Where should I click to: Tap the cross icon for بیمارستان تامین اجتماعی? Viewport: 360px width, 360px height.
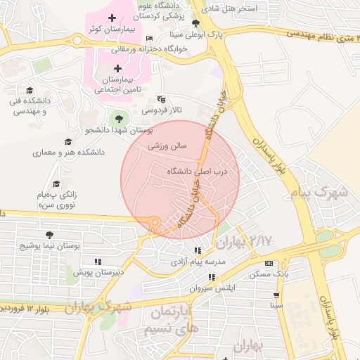click(117, 68)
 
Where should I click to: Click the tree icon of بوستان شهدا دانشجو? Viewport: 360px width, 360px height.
click(118, 118)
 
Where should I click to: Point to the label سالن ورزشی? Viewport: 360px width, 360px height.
click(167, 147)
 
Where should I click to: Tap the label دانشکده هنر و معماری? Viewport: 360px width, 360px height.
click(68, 152)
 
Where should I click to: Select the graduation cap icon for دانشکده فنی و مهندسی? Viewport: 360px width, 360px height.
click(30, 90)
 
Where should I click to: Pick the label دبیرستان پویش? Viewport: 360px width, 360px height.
click(99, 271)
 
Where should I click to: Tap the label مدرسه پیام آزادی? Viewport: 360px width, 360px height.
click(198, 262)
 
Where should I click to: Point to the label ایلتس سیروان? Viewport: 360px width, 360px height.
click(212, 288)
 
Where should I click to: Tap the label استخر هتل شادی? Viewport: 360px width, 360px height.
click(231, 9)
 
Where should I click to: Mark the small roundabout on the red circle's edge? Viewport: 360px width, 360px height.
click(155, 224)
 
